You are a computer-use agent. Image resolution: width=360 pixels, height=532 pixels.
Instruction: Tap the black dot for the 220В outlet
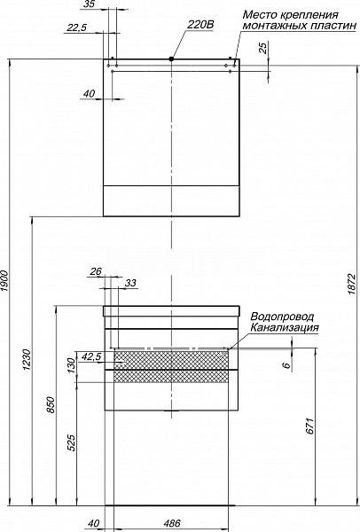[x=171, y=59]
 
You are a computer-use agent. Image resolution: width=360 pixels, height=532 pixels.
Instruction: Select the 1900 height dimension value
[x=4, y=281]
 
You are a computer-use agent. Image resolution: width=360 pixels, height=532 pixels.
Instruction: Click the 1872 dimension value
[x=351, y=284]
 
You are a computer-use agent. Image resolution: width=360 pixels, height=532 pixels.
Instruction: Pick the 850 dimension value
[x=51, y=405]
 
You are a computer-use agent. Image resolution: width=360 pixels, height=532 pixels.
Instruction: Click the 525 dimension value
[x=72, y=443]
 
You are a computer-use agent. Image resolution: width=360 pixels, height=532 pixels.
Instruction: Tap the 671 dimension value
[x=309, y=426]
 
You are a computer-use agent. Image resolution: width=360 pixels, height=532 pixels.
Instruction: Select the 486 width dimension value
[x=172, y=523]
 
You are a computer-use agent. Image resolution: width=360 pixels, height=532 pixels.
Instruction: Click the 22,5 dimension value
[x=76, y=28]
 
